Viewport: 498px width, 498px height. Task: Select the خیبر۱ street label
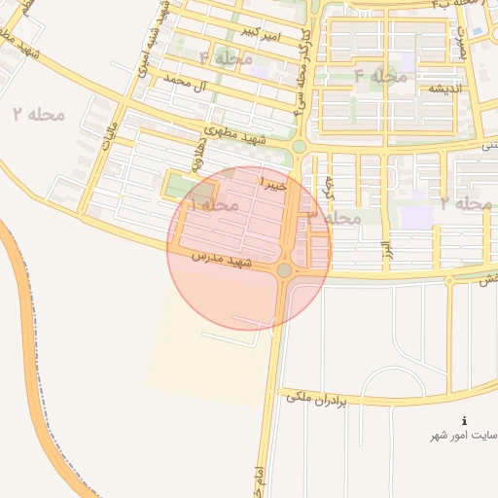pyautogui.click(x=271, y=182)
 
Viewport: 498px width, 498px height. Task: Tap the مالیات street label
pyautogui.click(x=109, y=137)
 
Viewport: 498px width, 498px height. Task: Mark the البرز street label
pyautogui.click(x=385, y=253)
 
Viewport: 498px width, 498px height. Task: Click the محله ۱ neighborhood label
pyautogui.click(x=212, y=206)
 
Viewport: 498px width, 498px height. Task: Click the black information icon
pyautogui.click(x=463, y=420)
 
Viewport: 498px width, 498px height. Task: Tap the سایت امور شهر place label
pyautogui.click(x=466, y=435)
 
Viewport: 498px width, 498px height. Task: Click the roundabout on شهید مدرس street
pyautogui.click(x=285, y=270)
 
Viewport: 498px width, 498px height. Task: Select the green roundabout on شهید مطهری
pyautogui.click(x=299, y=147)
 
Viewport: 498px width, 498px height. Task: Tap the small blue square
pyautogui.click(x=476, y=29)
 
